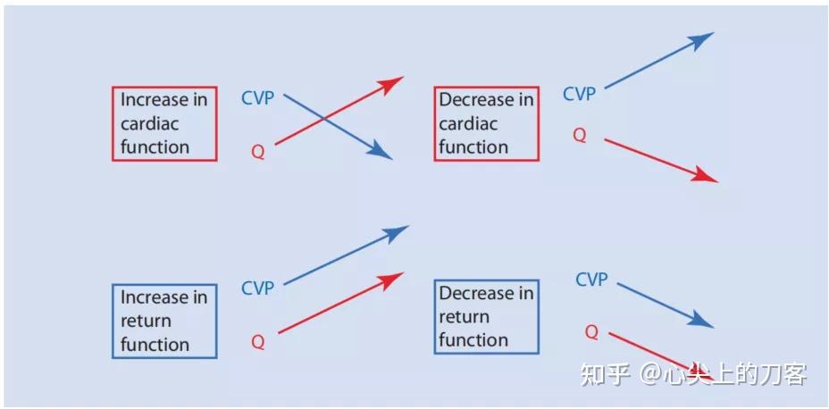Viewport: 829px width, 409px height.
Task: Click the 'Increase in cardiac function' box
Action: pos(164,123)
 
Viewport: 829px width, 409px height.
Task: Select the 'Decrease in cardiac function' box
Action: pos(487,123)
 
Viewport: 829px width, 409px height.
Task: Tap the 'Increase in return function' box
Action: pos(164,321)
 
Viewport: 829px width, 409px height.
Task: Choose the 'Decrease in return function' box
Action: pos(487,316)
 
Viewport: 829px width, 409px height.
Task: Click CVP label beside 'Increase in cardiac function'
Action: pos(258,98)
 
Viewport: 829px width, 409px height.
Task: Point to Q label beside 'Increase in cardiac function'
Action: pos(257,153)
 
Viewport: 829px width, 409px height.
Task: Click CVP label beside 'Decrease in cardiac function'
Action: pos(579,94)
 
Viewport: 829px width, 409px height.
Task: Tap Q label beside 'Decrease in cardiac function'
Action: pos(579,136)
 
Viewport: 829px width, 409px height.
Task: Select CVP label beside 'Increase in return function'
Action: pos(258,288)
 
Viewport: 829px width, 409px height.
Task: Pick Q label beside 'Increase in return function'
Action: pos(257,342)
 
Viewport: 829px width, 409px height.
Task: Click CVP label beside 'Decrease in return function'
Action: pos(591,280)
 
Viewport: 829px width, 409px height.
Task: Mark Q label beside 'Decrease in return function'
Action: pos(591,332)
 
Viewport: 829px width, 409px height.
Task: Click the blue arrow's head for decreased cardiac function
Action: pos(705,38)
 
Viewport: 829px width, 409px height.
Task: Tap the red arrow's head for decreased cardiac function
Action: pos(708,177)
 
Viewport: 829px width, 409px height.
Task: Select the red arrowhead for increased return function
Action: pos(394,280)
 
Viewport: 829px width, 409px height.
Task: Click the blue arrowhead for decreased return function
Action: pos(704,322)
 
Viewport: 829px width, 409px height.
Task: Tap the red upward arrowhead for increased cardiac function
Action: pos(393,83)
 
